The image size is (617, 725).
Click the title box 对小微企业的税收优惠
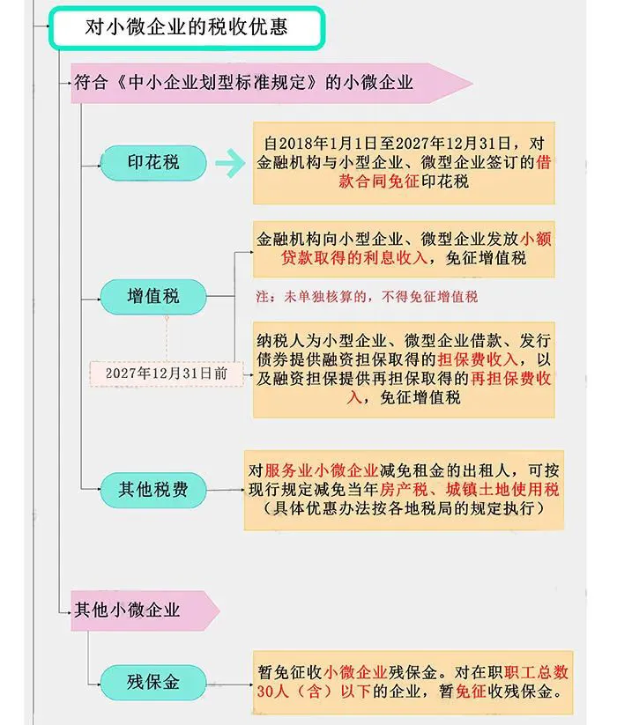click(187, 27)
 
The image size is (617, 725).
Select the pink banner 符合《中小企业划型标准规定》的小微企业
click(271, 83)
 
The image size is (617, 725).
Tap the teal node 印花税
click(153, 163)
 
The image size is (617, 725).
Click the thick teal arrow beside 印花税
click(230, 163)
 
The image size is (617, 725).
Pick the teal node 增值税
click(153, 296)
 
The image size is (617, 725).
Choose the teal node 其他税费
click(153, 490)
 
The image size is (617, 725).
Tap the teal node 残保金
click(153, 683)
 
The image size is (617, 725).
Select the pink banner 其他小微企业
click(145, 610)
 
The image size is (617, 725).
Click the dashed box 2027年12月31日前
click(167, 374)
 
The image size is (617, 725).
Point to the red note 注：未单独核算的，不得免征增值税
click(367, 296)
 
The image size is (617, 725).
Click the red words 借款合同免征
click(444, 172)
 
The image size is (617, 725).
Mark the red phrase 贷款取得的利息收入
click(353, 258)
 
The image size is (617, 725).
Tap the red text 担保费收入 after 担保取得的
click(478, 359)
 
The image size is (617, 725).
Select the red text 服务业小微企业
click(322, 470)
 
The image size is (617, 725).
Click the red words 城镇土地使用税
click(502, 489)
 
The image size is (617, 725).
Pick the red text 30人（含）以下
click(314, 692)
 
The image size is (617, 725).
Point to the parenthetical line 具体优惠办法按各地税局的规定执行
click(404, 508)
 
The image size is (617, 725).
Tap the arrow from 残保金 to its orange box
click(229, 684)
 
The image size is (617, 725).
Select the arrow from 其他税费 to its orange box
click(226, 490)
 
